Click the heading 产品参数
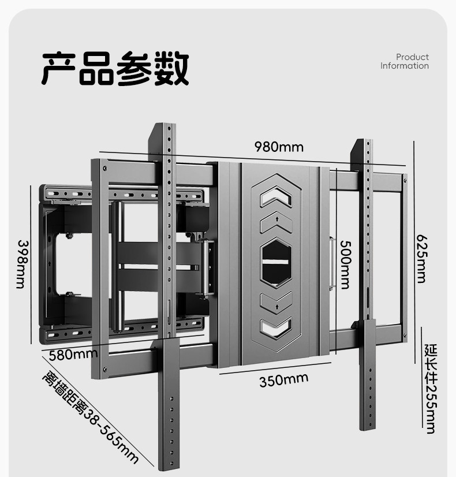click(x=115, y=68)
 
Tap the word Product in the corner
click(x=412, y=57)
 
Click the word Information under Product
click(x=404, y=66)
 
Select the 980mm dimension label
click(x=279, y=147)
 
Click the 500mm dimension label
click(x=344, y=265)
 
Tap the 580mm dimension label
click(x=73, y=354)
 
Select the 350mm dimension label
click(x=283, y=381)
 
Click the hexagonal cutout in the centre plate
click(x=275, y=263)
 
